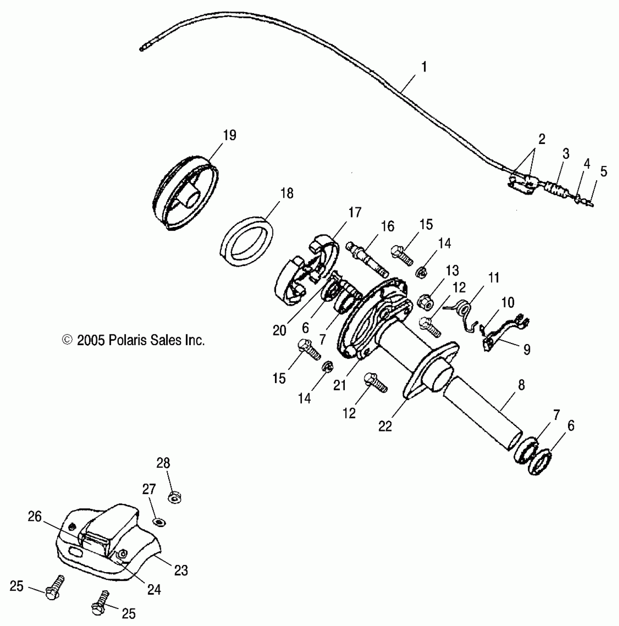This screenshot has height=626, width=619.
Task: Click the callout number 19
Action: (229, 135)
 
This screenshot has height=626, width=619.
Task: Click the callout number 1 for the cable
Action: (424, 67)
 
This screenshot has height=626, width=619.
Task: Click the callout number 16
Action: (388, 226)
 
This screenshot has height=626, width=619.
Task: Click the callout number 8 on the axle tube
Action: (521, 385)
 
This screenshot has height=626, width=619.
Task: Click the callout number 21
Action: (340, 385)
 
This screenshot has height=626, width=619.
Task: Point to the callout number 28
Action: (163, 463)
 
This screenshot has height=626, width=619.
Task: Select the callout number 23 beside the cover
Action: (181, 570)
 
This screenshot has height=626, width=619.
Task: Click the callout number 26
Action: (35, 517)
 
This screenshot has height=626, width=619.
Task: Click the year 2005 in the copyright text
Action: (91, 340)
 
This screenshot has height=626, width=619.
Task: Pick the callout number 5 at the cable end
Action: (604, 172)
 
